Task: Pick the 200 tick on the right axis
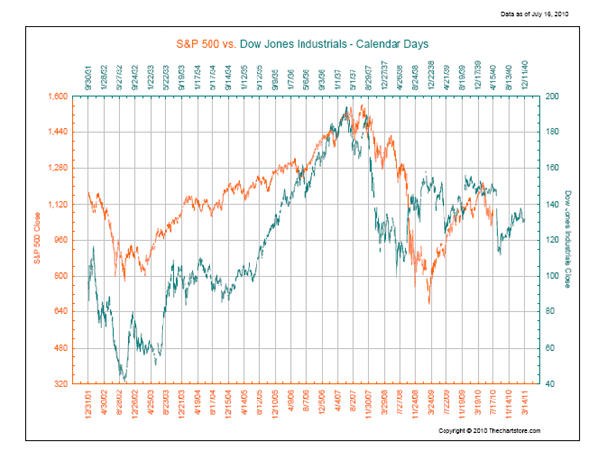(x=551, y=97)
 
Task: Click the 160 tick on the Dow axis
(x=551, y=168)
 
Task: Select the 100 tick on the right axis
(x=551, y=276)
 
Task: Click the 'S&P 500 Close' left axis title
(x=36, y=240)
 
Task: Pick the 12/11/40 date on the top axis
(x=530, y=75)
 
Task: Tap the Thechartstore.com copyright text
(x=490, y=431)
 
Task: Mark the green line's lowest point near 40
(x=124, y=380)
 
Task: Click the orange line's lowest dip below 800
(x=428, y=303)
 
